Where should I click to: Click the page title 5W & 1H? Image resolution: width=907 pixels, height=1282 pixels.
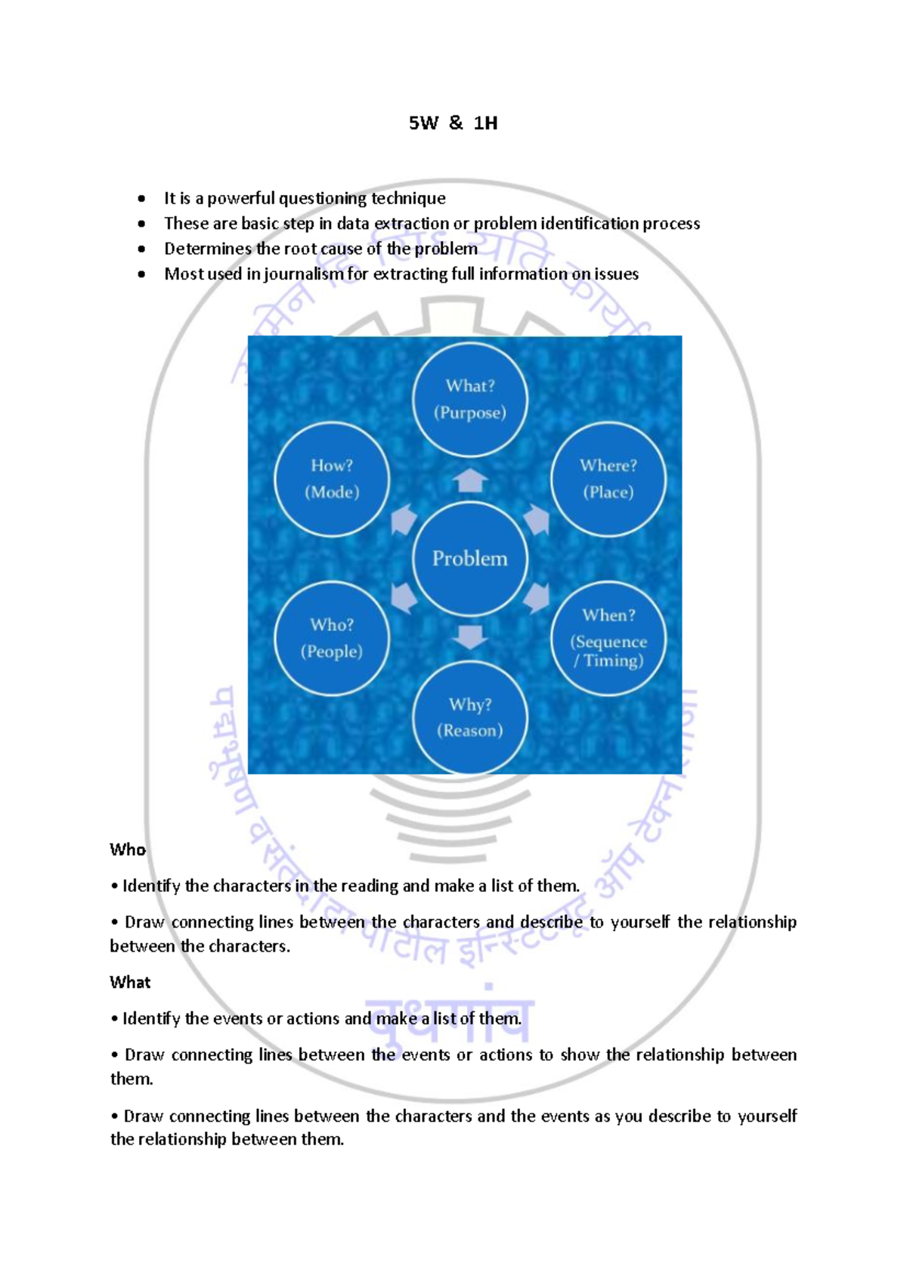[453, 123]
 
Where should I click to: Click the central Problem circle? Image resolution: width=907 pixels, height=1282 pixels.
[469, 559]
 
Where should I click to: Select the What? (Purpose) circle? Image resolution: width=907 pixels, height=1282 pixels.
[469, 399]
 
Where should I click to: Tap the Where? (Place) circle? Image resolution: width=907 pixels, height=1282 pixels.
[608, 479]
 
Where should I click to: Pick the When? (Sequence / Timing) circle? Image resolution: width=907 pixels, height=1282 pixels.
[608, 638]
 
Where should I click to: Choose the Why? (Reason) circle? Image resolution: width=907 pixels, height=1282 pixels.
[469, 717]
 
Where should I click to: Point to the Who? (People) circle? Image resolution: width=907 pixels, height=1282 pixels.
[332, 638]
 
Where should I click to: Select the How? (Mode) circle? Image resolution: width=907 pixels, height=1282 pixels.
[332, 479]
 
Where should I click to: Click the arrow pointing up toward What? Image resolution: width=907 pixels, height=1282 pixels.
[470, 481]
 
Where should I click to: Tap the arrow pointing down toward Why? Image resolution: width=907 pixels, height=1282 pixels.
[470, 636]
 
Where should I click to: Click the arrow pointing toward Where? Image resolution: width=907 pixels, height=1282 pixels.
[537, 519]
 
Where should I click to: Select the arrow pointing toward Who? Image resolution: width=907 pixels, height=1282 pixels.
[404, 597]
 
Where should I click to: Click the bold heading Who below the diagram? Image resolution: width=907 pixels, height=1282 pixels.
[127, 850]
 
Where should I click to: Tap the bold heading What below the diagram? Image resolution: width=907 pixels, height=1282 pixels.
[130, 982]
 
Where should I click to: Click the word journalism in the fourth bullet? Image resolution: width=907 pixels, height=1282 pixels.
[303, 274]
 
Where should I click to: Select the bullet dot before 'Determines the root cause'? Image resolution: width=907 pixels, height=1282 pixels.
[141, 249]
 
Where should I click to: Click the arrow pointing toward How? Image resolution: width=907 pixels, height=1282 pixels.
[404, 519]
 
